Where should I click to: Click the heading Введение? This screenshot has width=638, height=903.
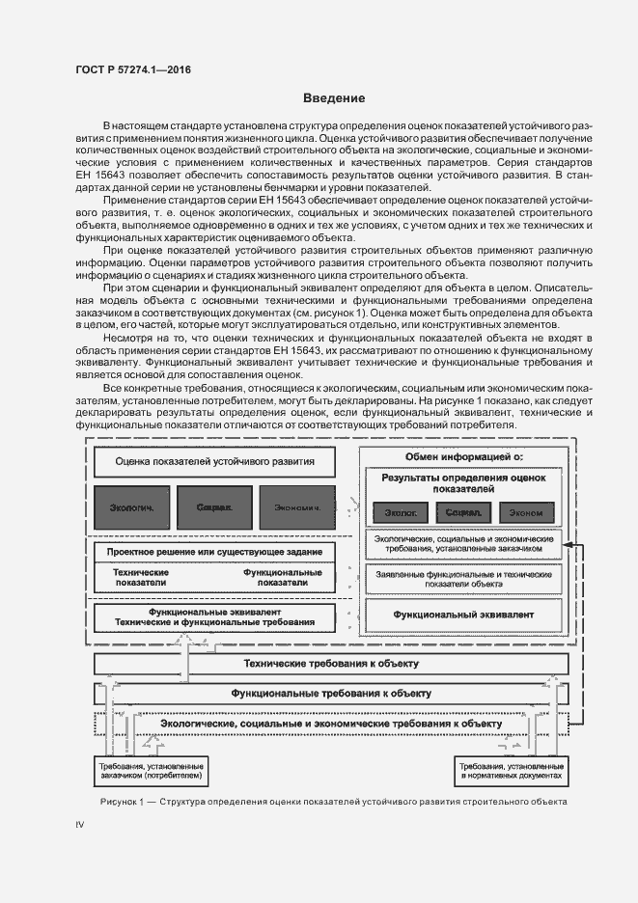coord(334,98)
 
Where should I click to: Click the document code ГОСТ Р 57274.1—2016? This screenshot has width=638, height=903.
coord(132,70)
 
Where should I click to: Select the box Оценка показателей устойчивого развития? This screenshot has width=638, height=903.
coord(214,461)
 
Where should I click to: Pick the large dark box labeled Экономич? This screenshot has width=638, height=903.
coord(296,506)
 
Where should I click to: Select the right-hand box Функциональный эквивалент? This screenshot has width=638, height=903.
coord(463,614)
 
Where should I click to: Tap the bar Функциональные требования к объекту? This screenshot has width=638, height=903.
coord(330,694)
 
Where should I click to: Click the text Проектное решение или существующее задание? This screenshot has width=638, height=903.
coord(214,550)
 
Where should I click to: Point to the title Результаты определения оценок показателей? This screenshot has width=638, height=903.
coord(463,482)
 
